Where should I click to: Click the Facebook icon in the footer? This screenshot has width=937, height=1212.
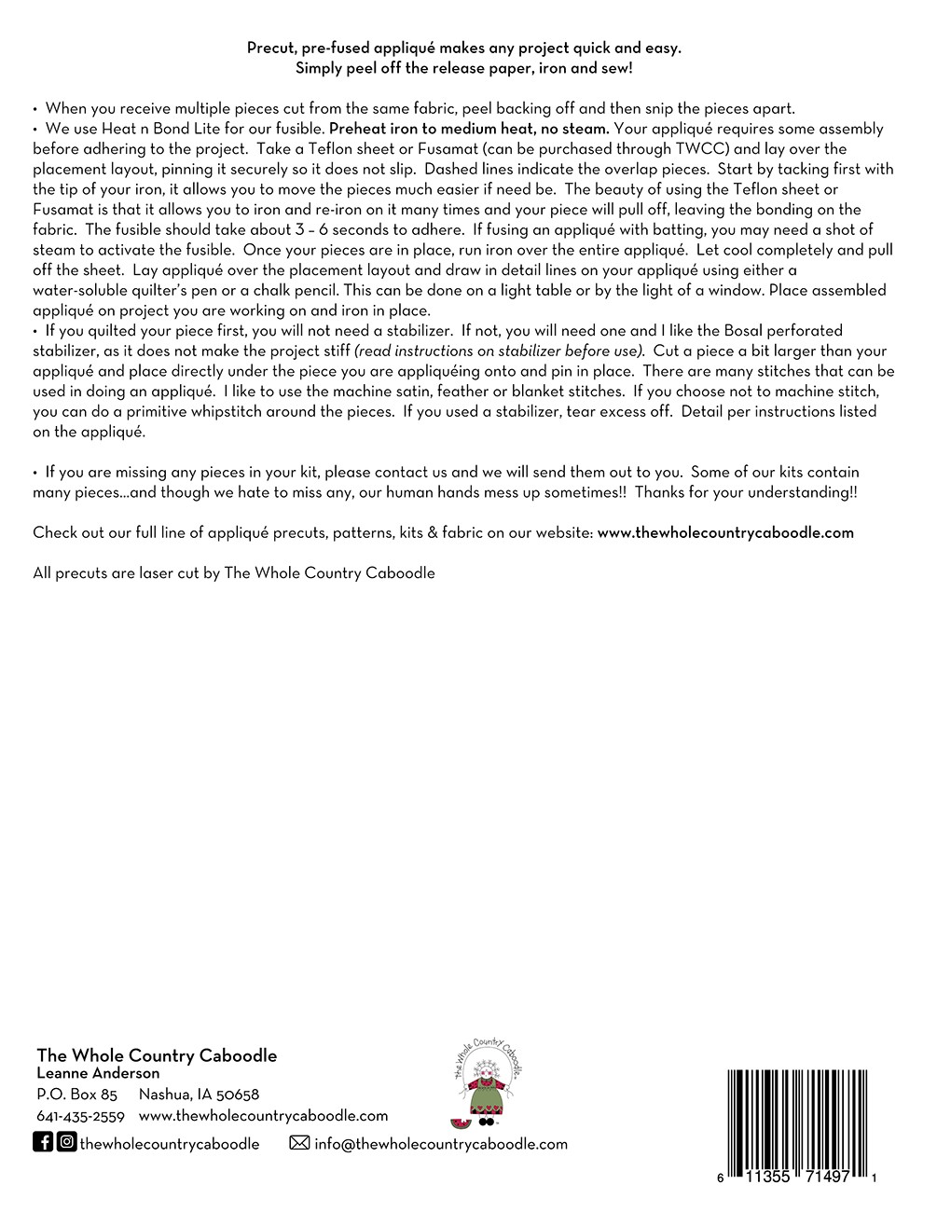click(x=43, y=1142)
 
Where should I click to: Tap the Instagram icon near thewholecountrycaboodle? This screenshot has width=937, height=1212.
click(x=66, y=1142)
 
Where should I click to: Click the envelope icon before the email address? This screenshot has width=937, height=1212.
click(x=299, y=1143)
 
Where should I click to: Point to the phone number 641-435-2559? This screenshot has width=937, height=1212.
click(x=80, y=1116)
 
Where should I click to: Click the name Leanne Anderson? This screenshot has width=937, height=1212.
click(x=98, y=1074)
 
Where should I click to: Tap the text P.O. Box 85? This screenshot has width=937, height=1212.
click(x=76, y=1095)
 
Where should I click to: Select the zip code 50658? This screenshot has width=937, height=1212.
click(x=238, y=1095)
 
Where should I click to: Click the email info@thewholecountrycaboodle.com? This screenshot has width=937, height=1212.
click(x=441, y=1144)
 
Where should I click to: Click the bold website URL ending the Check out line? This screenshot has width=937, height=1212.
click(x=725, y=533)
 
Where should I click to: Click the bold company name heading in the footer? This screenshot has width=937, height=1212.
click(x=157, y=1055)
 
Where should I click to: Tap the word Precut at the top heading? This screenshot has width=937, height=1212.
click(x=270, y=48)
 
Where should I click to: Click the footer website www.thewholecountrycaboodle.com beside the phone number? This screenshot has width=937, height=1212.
click(x=263, y=1116)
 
